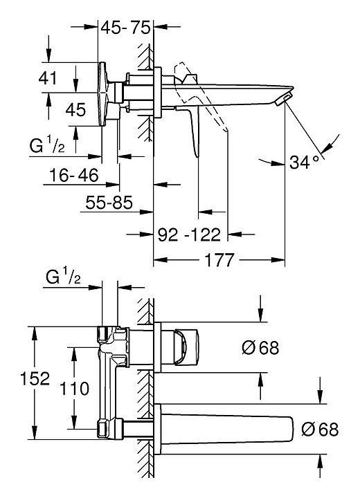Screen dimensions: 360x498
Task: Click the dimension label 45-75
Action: pos(125,28)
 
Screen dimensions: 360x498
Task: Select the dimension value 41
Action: pos(48,77)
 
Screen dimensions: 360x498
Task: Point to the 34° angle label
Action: pos(304,163)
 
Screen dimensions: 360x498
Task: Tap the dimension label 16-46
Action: pos(74,175)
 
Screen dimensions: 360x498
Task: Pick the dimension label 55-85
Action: pos(109,202)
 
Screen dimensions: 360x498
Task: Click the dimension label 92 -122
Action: pos(189,234)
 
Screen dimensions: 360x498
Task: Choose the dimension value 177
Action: pos(219,260)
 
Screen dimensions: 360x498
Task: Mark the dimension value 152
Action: pos(35,378)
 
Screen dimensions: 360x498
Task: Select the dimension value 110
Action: pos(75,389)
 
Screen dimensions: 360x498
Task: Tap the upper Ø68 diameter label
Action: pos(260,347)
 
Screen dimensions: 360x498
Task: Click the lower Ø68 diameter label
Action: pos(320,430)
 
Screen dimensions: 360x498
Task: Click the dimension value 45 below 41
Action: pos(75,109)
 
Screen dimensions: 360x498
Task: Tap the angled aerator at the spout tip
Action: pos(283,99)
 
